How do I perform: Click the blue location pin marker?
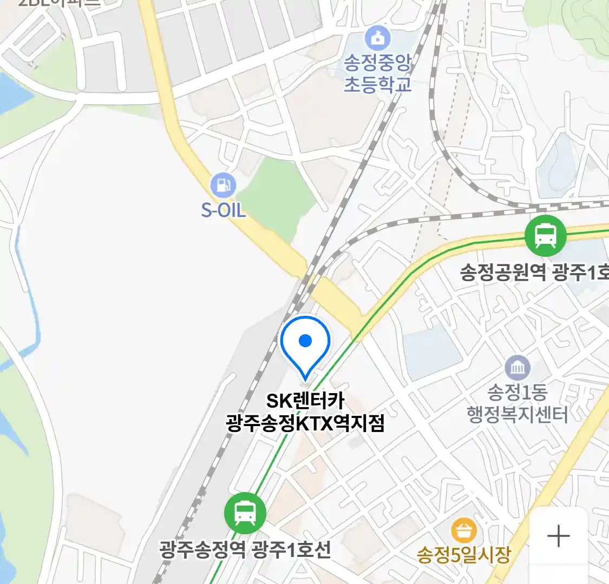pos(305,346)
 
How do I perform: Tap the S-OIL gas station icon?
pos(223,184)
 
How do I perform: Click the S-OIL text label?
pos(224,210)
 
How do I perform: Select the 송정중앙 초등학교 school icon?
pos(377,38)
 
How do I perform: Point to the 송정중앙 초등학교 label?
pos(378,74)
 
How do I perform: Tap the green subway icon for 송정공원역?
pos(546,235)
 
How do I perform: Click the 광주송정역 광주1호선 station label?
pos(245,550)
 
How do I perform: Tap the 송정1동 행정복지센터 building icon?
pos(518,368)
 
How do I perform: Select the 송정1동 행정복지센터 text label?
pos(518,403)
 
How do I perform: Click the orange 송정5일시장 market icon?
pos(464,530)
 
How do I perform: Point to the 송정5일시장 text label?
pos(463,555)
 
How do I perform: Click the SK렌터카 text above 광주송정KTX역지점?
pos(305,401)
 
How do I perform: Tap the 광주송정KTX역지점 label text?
pos(305,423)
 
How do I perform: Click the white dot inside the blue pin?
pos(305,341)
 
